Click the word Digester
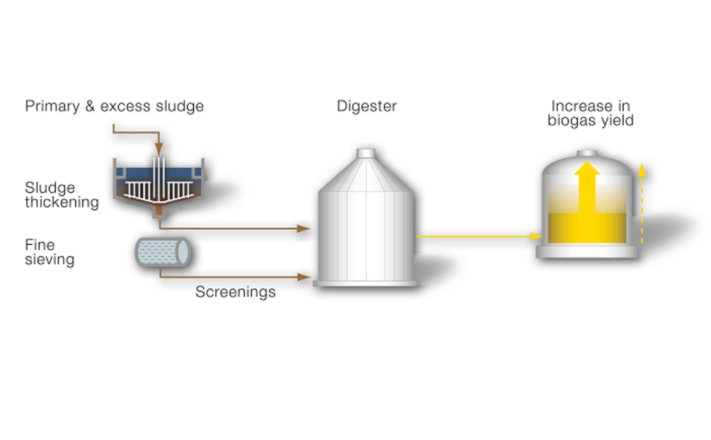pyautogui.click(x=367, y=106)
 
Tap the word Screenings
pyautogui.click(x=235, y=292)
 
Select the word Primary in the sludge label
pyautogui.click(x=51, y=106)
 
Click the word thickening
pyautogui.click(x=62, y=202)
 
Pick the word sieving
pyautogui.click(x=49, y=260)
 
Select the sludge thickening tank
pyautogui.click(x=159, y=183)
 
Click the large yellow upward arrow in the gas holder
pyautogui.click(x=588, y=189)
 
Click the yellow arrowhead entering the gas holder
pyautogui.click(x=537, y=236)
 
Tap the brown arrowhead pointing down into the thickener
pyautogui.click(x=158, y=152)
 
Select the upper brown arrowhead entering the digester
pyautogui.click(x=303, y=228)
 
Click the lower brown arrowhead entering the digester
pyautogui.click(x=303, y=277)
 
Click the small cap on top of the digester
pyautogui.click(x=366, y=153)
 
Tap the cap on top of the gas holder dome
pyautogui.click(x=587, y=154)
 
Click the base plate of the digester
pyautogui.click(x=365, y=283)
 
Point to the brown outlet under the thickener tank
pyautogui.click(x=159, y=213)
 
